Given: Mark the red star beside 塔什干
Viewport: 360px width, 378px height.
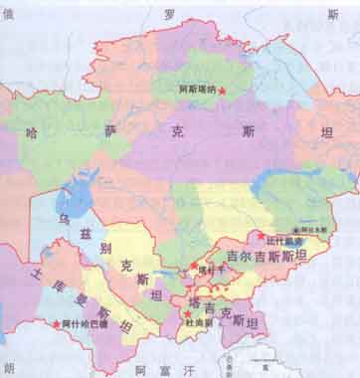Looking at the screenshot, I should point(193,269).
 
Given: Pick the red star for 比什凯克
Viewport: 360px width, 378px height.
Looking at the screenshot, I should point(262,236).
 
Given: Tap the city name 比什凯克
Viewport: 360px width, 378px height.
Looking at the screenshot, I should point(281,238).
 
